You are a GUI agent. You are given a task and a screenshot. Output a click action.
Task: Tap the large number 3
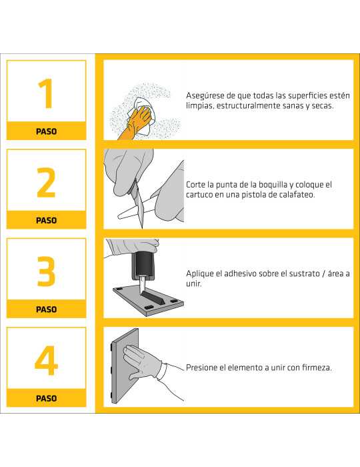pyautogui.click(x=46, y=271)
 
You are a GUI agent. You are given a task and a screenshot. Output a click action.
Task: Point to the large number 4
pyautogui.click(x=46, y=360)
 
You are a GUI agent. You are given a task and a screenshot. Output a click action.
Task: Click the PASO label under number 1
pyautogui.click(x=46, y=131)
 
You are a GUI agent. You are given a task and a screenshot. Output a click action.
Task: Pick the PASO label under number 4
pyautogui.click(x=46, y=398)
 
